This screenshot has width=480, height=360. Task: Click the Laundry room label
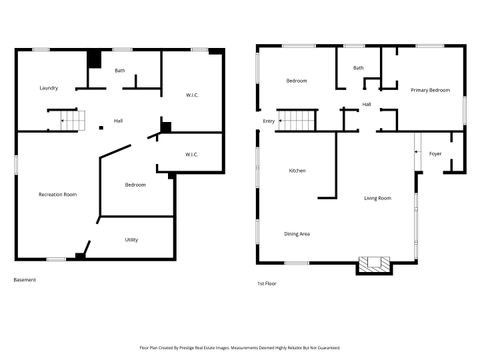48,88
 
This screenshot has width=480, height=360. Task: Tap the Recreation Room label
58,194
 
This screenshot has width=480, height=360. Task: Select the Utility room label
131,240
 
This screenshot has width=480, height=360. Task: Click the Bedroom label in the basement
135,185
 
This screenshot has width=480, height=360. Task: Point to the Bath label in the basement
120,71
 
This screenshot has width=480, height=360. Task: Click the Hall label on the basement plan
118,121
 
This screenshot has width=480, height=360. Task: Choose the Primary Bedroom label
430,90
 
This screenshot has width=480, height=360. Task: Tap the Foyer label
435,154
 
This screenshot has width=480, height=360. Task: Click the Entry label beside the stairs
268,121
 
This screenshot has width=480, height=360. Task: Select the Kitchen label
297,171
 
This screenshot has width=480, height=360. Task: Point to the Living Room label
377,198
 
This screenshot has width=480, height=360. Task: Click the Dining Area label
297,234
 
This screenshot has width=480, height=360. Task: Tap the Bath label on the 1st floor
358,68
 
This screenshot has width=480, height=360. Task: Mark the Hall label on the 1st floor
367,104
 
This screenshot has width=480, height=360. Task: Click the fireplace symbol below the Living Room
376,265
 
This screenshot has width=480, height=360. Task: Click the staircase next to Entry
296,121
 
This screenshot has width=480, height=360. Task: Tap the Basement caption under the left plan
25,280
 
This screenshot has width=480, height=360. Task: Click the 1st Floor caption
269,284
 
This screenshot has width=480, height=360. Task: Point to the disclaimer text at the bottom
240,349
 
